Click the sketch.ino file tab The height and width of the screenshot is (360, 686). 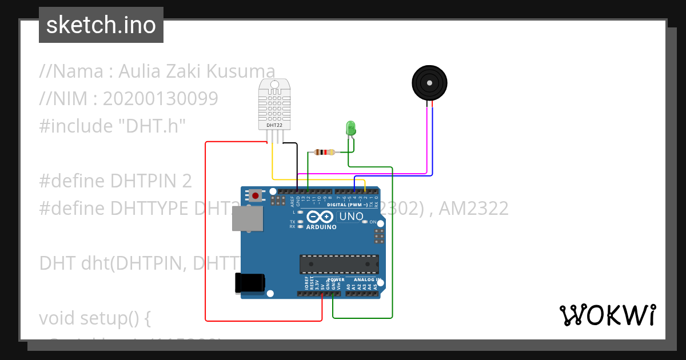[101, 25]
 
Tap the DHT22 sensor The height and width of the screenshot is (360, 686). [278, 106]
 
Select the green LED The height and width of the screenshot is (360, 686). [350, 128]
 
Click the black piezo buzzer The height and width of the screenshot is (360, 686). [429, 83]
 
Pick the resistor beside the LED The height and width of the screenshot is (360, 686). [325, 152]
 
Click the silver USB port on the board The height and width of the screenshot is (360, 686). [247, 218]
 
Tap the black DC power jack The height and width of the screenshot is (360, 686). [250, 283]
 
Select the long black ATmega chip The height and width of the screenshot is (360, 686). [339, 264]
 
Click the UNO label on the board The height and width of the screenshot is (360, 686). [351, 217]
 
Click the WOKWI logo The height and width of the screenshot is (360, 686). [607, 315]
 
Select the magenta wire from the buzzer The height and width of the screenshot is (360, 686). [426, 143]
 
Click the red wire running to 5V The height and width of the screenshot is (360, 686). [206, 229]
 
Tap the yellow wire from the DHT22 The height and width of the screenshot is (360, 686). [272, 163]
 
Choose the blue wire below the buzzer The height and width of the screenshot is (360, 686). [432, 143]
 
